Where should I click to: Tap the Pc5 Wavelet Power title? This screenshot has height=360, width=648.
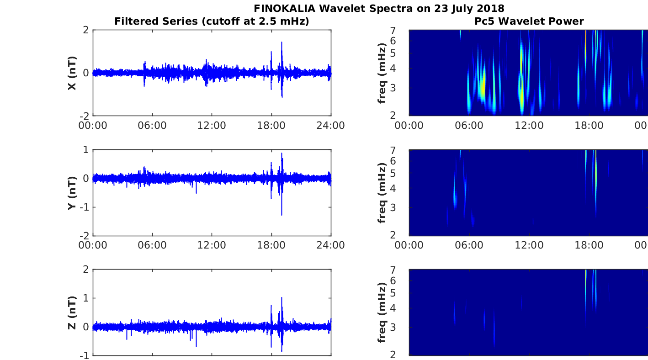point(529,21)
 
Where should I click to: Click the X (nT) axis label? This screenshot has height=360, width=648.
point(72,73)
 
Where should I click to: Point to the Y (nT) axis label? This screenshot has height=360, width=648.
point(72,193)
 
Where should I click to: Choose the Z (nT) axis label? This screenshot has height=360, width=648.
point(72,312)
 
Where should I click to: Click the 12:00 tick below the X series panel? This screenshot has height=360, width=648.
point(212,126)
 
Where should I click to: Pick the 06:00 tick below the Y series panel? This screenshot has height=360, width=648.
point(152,245)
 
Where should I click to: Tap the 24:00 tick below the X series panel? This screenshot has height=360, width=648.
point(330,126)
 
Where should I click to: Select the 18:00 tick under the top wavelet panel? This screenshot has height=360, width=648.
point(589,126)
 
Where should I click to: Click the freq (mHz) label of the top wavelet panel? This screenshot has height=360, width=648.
point(382,73)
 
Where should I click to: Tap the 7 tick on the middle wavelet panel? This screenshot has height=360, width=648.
point(404,150)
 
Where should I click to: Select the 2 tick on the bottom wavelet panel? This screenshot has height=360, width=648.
point(404,354)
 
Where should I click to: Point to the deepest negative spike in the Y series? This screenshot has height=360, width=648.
point(282,214)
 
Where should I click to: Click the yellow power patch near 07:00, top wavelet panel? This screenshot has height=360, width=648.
point(482,87)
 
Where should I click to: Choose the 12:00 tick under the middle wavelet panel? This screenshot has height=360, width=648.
point(529,245)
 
